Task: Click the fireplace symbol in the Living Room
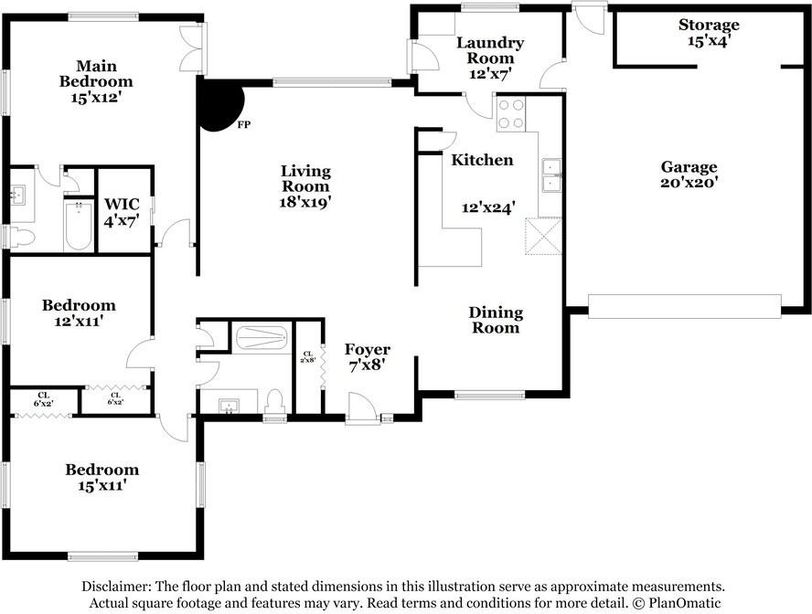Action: pyautogui.click(x=220, y=106)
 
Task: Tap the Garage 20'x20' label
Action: pyautogui.click(x=689, y=175)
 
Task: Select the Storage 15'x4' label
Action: pyautogui.click(x=709, y=32)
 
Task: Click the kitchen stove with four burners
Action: pyautogui.click(x=510, y=114)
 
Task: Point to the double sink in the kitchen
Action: pyautogui.click(x=551, y=175)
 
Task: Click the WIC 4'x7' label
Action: pyautogui.click(x=122, y=212)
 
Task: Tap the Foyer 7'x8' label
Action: pyautogui.click(x=368, y=357)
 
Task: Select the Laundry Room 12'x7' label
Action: pyautogui.click(x=490, y=58)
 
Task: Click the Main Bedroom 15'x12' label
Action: pyautogui.click(x=96, y=81)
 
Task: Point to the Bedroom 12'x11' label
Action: pyautogui.click(x=79, y=312)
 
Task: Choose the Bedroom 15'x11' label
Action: pyautogui.click(x=102, y=477)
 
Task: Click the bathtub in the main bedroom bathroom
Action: pyautogui.click(x=79, y=226)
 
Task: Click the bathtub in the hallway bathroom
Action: pyautogui.click(x=262, y=337)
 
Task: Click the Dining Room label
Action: pyautogui.click(x=496, y=320)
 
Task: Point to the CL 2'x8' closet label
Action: pyautogui.click(x=307, y=357)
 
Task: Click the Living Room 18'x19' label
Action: pyautogui.click(x=305, y=186)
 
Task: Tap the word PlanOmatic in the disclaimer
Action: pyautogui.click(x=685, y=603)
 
